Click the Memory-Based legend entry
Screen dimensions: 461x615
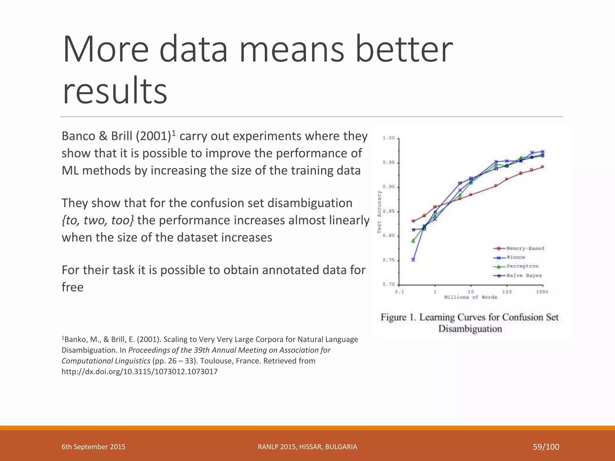(525, 248)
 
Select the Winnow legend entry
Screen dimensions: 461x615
(516, 257)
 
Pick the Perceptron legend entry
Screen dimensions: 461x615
(523, 266)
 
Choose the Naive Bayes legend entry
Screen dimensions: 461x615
(524, 276)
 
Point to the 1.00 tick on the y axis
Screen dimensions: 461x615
(389, 138)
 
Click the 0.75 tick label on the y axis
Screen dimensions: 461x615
(389, 260)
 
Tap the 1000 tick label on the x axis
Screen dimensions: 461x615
(542, 292)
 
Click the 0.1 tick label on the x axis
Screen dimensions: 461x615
(399, 292)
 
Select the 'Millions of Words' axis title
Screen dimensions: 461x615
(470, 297)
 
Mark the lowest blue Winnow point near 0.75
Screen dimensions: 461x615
(413, 260)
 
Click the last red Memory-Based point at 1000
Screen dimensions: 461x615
(543, 167)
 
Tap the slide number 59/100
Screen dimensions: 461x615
(546, 447)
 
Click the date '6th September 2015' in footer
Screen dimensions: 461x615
(93, 447)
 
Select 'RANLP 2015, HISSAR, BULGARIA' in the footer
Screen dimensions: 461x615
(307, 447)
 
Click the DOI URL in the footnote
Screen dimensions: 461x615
(139, 372)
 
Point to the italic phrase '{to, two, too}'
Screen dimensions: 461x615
(98, 220)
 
